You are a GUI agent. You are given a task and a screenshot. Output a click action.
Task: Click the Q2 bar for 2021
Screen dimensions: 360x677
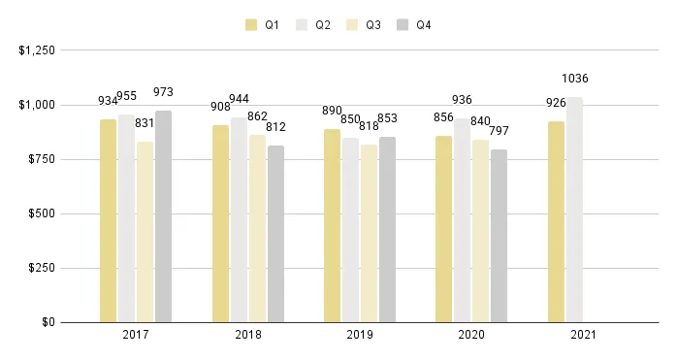575,210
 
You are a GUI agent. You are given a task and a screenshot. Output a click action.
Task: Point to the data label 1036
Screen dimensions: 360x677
575,79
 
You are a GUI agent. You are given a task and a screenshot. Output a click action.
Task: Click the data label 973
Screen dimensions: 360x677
163,92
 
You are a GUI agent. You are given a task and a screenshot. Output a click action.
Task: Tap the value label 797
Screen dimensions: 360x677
497,131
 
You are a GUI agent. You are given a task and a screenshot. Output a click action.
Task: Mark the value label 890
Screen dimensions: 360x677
333,111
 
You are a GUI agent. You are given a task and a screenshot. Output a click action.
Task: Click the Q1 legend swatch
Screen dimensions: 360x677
251,24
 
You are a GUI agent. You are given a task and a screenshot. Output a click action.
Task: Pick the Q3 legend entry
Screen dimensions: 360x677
364,24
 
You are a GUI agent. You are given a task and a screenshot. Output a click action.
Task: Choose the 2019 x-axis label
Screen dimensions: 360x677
360,335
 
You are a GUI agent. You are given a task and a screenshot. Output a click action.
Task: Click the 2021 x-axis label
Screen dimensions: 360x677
584,335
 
